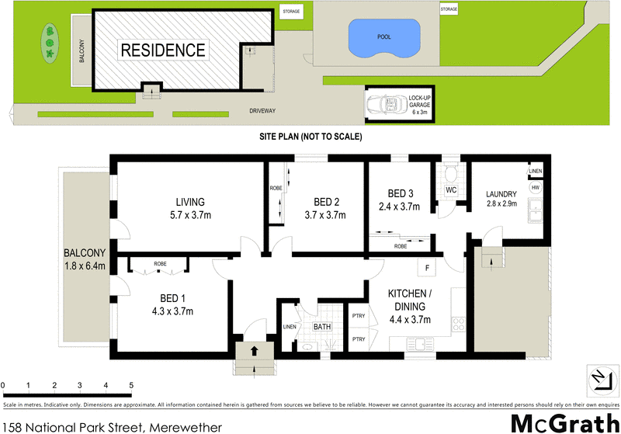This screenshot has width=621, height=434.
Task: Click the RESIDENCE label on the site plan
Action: tap(163, 50)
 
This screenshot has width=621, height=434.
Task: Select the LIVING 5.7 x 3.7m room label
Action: tap(189, 209)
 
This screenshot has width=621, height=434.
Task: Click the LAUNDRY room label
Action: tap(501, 201)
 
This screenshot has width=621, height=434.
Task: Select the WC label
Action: tap(450, 190)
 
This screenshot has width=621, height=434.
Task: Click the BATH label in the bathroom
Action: tap(321, 327)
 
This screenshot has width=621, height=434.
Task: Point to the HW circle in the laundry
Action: tap(535, 188)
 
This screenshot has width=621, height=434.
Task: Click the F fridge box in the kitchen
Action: tap(427, 269)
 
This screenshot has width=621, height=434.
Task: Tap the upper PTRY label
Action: tap(359, 315)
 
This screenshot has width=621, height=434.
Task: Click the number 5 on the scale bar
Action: tap(131, 385)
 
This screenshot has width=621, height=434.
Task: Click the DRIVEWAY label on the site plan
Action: tap(262, 111)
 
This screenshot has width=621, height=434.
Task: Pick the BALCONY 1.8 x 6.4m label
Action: tap(85, 260)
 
